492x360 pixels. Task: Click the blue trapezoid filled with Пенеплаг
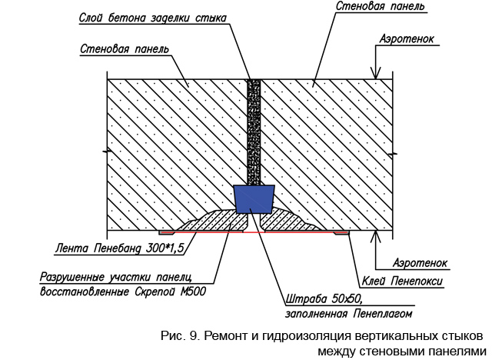(x=254, y=199)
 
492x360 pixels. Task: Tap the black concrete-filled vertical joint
(x=254, y=131)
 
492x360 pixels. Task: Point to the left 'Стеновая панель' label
(x=125, y=49)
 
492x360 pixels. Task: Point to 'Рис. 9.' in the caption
(x=180, y=337)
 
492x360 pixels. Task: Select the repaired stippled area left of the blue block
(x=211, y=220)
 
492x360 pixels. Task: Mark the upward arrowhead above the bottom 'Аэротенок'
(x=374, y=237)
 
